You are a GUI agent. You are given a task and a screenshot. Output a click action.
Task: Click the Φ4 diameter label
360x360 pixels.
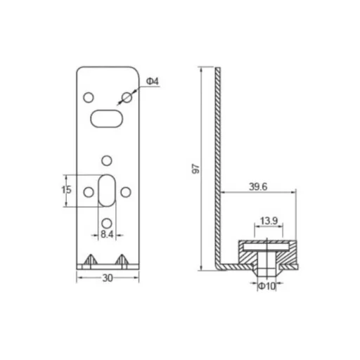click(153, 82)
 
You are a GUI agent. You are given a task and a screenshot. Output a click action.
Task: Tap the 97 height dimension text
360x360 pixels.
click(195, 169)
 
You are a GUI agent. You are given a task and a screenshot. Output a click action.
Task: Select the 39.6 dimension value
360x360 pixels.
click(258, 187)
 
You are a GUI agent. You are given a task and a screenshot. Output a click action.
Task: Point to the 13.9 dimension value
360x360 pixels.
click(269, 221)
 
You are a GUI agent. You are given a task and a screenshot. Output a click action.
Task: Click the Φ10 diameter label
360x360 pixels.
click(266, 286)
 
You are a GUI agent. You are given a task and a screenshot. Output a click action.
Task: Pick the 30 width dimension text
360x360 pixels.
click(108, 278)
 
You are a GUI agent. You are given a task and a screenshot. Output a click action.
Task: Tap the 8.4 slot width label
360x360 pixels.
click(107, 234)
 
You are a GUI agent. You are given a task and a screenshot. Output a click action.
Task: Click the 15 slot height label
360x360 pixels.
click(66, 190)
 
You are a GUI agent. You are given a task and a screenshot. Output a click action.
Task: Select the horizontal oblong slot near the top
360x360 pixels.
click(107, 119)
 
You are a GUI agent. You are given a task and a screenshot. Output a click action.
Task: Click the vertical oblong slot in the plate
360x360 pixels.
click(107, 191)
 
